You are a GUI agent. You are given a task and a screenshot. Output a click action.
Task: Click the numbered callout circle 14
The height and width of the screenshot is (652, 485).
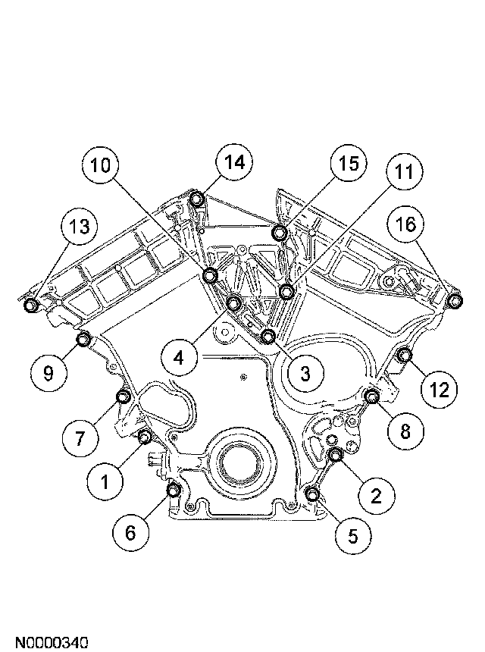point(233,162)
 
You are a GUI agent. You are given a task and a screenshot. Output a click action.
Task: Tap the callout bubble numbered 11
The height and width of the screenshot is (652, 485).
point(403,171)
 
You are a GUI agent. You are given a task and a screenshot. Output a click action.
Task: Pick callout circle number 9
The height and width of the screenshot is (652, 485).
point(48,371)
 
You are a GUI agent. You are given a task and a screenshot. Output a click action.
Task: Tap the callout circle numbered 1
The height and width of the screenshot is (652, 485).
point(105,479)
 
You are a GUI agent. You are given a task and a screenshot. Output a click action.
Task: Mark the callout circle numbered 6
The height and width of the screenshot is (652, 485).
point(130,533)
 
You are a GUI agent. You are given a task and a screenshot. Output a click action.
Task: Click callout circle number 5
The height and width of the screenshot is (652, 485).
point(352,535)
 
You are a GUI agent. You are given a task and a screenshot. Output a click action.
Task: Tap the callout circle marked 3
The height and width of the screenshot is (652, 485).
point(305,372)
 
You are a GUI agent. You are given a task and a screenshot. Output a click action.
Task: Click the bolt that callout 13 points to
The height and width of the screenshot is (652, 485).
point(31,306)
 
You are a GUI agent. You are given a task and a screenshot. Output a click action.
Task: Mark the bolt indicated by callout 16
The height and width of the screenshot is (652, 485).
point(455,301)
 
